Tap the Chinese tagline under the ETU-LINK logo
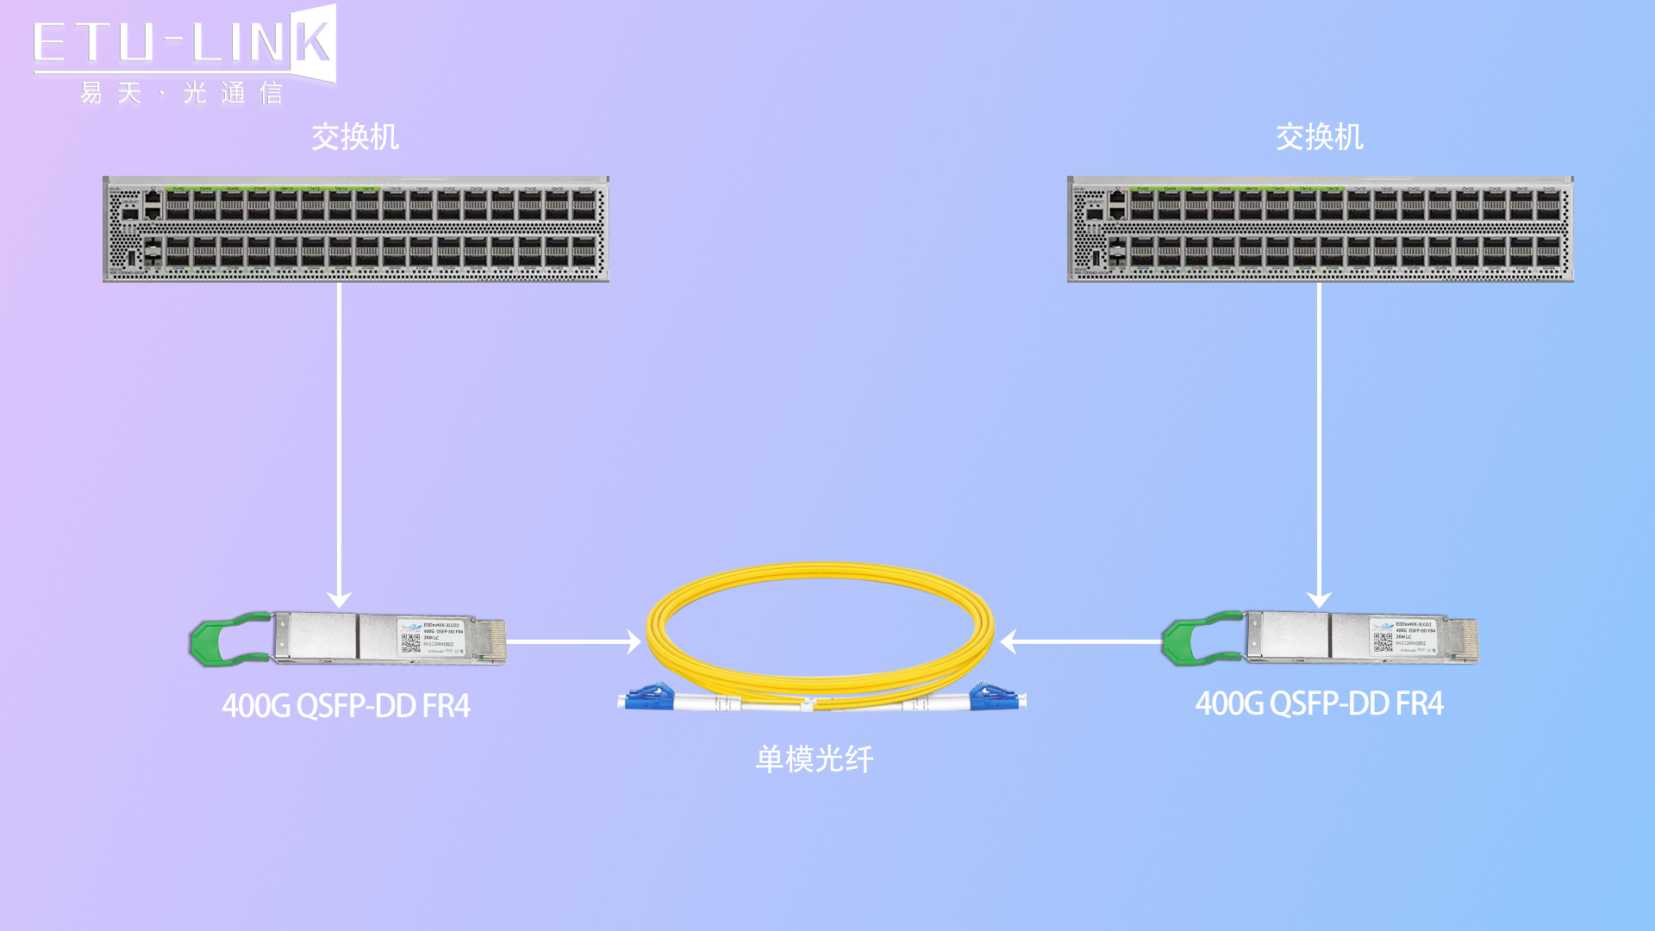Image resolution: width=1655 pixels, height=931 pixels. (181, 93)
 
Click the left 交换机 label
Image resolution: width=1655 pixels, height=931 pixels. (354, 137)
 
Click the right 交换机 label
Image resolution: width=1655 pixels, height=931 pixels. (1319, 137)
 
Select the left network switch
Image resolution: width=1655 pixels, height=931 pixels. (355, 229)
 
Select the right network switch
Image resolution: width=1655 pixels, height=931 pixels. (1320, 229)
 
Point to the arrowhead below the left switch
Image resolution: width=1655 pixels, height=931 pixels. (339, 599)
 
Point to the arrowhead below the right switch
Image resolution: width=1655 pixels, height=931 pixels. (1319, 599)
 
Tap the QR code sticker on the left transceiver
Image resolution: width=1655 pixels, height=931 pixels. (410, 642)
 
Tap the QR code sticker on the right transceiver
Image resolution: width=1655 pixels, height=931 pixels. (1383, 642)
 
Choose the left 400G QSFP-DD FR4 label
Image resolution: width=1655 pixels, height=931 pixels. (346, 706)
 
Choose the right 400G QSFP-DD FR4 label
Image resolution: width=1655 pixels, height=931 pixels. (1319, 704)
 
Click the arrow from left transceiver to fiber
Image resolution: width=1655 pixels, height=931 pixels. (574, 641)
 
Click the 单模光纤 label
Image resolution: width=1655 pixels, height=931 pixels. (815, 759)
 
